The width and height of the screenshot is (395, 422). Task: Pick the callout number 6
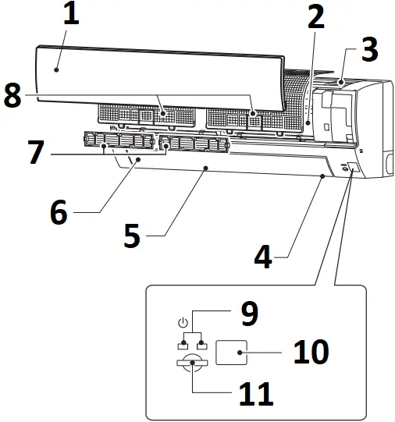point(59,212)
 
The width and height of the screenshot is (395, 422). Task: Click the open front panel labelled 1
point(156,74)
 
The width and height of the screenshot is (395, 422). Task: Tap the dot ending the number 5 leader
point(205,167)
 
